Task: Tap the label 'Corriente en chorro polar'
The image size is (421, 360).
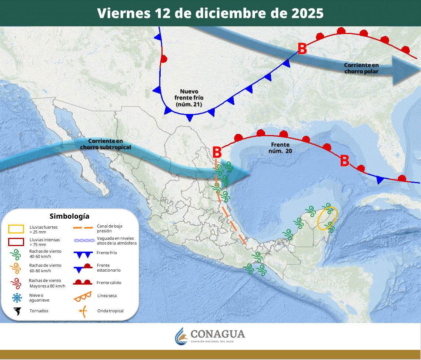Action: (361, 68)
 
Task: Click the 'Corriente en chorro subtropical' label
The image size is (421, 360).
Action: (106, 144)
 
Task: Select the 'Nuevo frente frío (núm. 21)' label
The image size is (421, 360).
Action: (189, 98)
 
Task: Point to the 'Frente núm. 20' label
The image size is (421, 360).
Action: (280, 148)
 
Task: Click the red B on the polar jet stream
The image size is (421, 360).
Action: (302, 49)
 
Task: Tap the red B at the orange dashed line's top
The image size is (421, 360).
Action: (217, 152)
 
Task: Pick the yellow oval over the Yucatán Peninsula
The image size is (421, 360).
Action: (327, 218)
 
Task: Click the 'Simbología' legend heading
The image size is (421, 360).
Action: (69, 216)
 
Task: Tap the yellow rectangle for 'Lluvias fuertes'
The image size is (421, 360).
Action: (16, 229)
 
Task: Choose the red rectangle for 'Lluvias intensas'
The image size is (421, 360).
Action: (16, 242)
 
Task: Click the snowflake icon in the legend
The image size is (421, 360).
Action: (16, 297)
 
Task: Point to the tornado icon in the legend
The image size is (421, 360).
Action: (16, 311)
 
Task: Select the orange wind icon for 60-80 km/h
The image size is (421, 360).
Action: (16, 268)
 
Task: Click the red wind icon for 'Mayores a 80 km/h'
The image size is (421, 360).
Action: (16, 283)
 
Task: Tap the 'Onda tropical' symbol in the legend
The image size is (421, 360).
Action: (83, 311)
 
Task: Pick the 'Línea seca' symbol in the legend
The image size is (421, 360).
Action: (83, 296)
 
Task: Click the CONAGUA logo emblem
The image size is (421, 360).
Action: (181, 336)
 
